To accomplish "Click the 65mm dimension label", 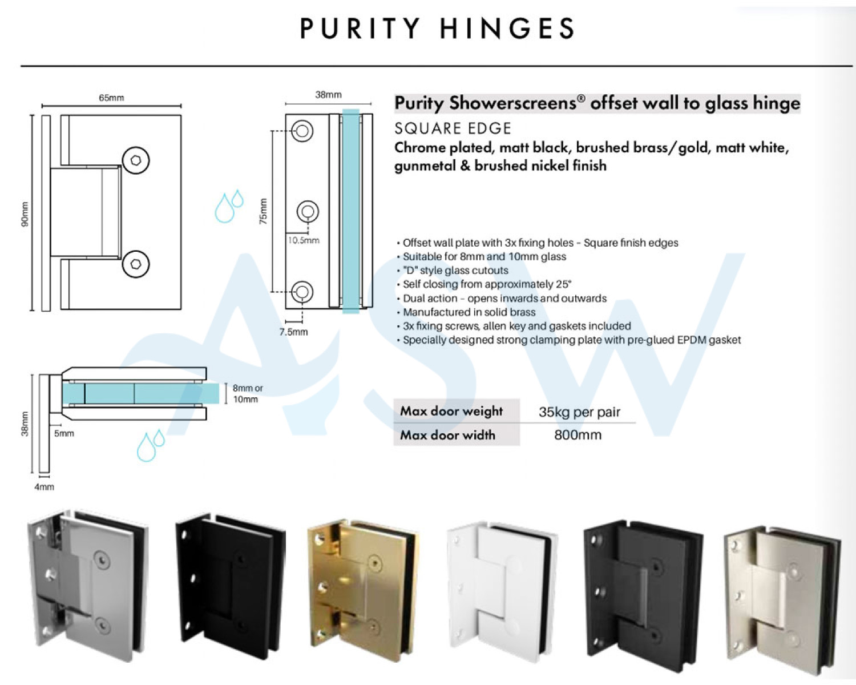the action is [111, 98].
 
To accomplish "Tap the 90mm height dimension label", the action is [25, 213].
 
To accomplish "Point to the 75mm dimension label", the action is [263, 211].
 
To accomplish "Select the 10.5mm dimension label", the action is [304, 240].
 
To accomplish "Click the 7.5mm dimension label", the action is [293, 332].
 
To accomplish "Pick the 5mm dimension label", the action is [64, 433].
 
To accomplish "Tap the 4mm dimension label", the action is [44, 487].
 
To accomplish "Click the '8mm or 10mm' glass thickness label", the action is [248, 394].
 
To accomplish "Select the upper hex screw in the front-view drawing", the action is [136, 160].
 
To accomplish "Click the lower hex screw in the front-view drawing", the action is [136, 264].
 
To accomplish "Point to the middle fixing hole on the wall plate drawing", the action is [308, 211].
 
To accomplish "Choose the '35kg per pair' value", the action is [580, 412].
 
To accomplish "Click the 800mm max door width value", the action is [578, 434].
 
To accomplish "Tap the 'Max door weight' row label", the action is [451, 411].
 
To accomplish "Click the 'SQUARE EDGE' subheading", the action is [453, 128].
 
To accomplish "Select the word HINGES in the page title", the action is [507, 29].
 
